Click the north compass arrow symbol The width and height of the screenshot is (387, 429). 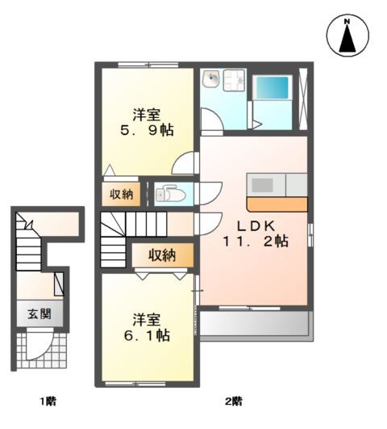pos(347,38)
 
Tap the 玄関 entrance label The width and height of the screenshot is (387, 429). pos(40,313)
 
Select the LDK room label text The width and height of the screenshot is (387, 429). pos(256,226)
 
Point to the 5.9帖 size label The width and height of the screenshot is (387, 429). pos(147,130)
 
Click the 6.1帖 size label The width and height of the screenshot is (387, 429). pos(147,335)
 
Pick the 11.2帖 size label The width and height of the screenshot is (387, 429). pos(256,242)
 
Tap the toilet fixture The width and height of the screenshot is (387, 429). pos(170,194)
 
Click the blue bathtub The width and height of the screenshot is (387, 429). pos(272,87)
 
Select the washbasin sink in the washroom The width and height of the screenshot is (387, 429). pos(211,78)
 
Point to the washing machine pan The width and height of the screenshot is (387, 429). pos(235,80)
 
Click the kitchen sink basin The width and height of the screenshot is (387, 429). pos(263,185)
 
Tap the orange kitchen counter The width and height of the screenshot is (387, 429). pos(277,204)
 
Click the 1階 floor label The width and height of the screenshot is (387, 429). pos(48,402)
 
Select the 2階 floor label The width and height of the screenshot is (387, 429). pos(234,402)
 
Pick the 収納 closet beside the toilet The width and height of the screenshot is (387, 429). pos(121,194)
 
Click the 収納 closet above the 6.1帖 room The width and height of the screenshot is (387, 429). pos(163,255)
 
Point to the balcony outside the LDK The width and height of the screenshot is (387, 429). pos(255,323)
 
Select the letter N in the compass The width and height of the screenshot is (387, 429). pos(347,21)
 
